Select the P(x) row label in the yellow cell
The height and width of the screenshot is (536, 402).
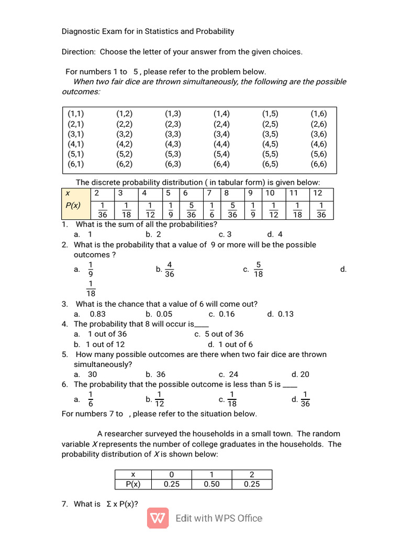pyautogui.click(x=73, y=205)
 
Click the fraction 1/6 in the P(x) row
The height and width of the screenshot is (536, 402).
pyautogui.click(x=211, y=209)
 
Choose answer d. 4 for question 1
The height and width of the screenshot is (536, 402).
pyautogui.click(x=275, y=234)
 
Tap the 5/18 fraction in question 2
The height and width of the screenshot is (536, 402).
pyautogui.click(x=259, y=270)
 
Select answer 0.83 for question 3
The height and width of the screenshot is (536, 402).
pyautogui.click(x=98, y=314)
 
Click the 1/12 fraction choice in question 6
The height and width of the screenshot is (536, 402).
pyautogui.click(x=161, y=399)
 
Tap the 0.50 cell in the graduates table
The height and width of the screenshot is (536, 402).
pyautogui.click(x=211, y=484)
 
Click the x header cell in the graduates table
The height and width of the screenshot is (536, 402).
pyautogui.click(x=133, y=474)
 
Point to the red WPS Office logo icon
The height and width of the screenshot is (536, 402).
pyautogui.click(x=158, y=518)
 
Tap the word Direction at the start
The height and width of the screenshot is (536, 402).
pyautogui.click(x=79, y=52)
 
